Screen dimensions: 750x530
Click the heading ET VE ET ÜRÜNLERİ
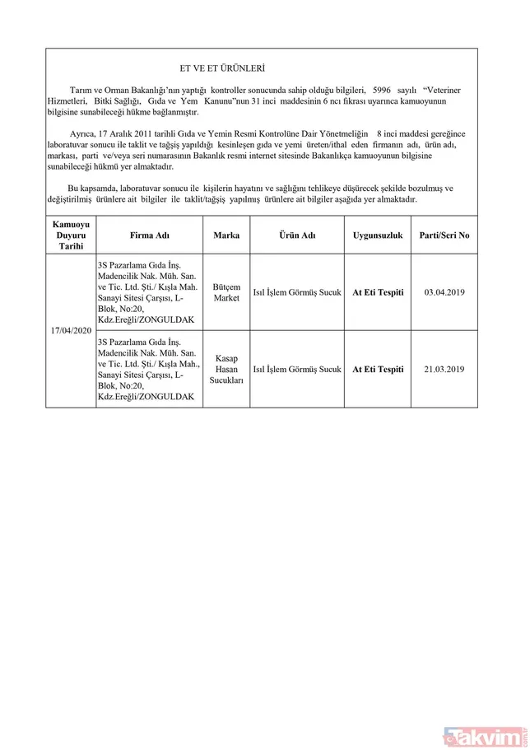pyautogui.click(x=222, y=68)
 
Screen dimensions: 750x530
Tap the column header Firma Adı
pyautogui.click(x=150, y=235)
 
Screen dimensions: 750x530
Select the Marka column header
pyautogui.click(x=226, y=235)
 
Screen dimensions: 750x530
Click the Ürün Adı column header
pyautogui.click(x=296, y=235)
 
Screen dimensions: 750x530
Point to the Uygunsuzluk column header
pyautogui.click(x=378, y=235)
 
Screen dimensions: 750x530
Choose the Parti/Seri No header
pyautogui.click(x=444, y=235)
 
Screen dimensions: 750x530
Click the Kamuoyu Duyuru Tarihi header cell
pyautogui.click(x=72, y=235)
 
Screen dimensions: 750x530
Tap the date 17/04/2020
pyautogui.click(x=72, y=330)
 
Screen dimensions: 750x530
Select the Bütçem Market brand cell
pyautogui.click(x=226, y=292)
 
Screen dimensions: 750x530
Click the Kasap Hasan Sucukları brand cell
pyautogui.click(x=226, y=370)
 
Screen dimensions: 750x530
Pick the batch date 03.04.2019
pyautogui.click(x=444, y=292)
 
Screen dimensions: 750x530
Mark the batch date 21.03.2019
pyautogui.click(x=444, y=370)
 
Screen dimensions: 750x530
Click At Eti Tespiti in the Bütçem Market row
pyautogui.click(x=378, y=292)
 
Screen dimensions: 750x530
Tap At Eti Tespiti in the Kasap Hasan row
pyautogui.click(x=378, y=370)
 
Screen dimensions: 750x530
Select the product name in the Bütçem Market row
pyautogui.click(x=296, y=292)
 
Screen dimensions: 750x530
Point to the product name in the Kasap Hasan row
pyautogui.click(x=296, y=370)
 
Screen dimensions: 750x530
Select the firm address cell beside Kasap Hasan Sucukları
pyautogui.click(x=150, y=370)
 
